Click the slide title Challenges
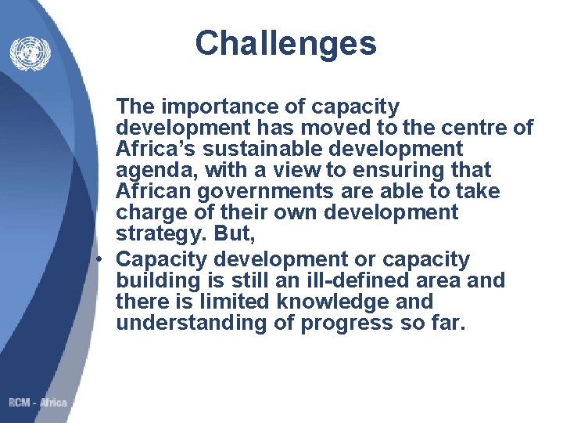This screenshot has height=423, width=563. (x=285, y=43)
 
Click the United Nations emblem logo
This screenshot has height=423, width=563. (x=30, y=53)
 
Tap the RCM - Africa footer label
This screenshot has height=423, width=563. (x=38, y=403)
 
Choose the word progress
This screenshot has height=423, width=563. (x=344, y=324)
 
